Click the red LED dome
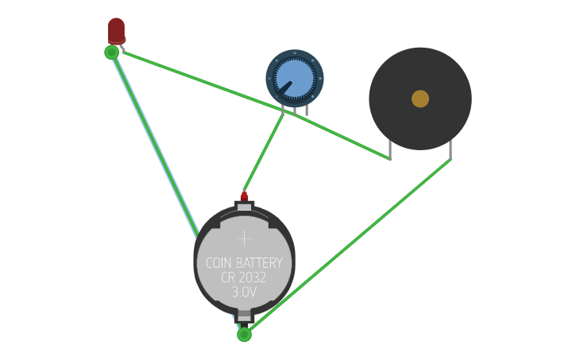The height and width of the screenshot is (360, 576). point(117,29)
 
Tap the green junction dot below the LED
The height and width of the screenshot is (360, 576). point(112,52)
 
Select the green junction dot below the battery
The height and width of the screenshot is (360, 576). point(245,335)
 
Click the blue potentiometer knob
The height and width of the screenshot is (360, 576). point(295,78)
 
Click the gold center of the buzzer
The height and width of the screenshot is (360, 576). point(420,99)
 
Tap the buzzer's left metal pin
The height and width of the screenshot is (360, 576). point(390,150)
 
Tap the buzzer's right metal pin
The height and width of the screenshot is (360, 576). point(450,150)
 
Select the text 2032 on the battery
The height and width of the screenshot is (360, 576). point(253,278)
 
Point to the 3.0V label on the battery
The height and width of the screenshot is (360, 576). point(245,292)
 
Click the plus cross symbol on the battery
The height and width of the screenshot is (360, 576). point(244,238)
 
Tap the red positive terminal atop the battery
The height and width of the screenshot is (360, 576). point(245,197)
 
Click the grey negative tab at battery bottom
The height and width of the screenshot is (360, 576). point(245,315)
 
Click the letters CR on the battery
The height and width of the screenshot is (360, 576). point(228,278)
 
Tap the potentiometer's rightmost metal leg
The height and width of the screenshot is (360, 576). point(307,110)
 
